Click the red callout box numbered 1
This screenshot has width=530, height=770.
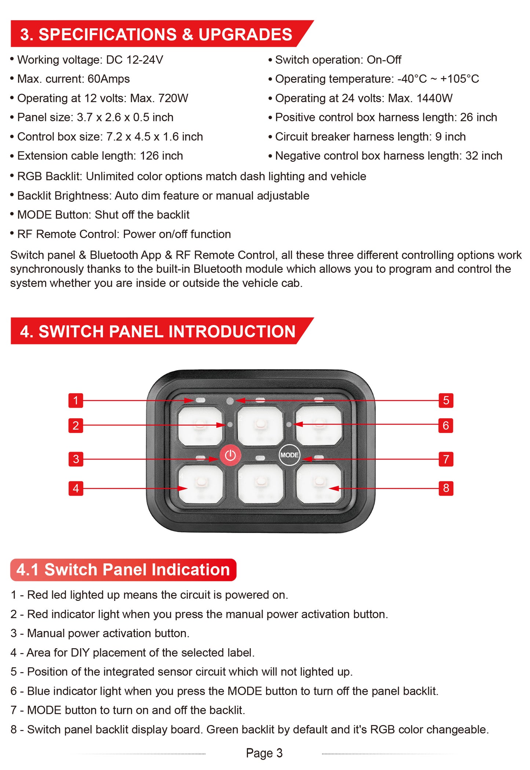click(76, 400)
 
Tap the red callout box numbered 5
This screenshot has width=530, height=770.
click(446, 400)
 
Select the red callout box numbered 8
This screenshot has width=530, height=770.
click(446, 488)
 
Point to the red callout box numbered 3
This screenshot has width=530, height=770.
click(76, 459)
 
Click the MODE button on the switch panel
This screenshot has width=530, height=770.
click(289, 455)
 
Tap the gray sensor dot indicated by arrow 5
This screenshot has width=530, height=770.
click(230, 401)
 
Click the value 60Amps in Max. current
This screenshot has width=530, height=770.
click(109, 79)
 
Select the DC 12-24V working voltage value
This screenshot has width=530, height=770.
click(134, 60)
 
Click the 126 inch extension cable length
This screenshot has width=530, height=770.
click(161, 156)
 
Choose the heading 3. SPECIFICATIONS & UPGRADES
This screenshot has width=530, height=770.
click(156, 34)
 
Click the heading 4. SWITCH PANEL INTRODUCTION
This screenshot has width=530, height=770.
click(158, 332)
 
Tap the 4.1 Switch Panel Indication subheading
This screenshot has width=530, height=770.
click(123, 570)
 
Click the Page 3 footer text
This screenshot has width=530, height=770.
click(264, 753)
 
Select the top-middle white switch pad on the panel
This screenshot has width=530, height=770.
click(260, 425)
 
